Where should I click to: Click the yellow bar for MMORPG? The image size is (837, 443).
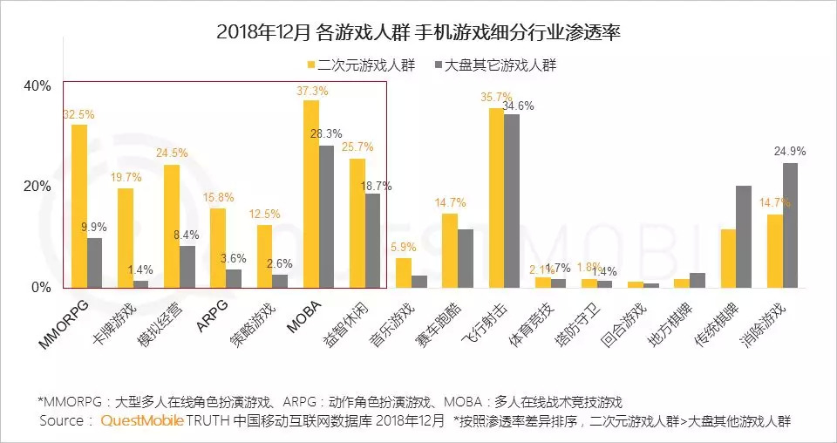[x=79, y=206]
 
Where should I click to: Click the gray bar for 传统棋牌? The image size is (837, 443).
[x=744, y=236]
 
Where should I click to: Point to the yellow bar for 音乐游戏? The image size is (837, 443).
[x=404, y=272]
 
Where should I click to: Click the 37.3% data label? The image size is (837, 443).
[x=312, y=91]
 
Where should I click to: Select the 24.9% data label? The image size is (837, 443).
[x=790, y=152]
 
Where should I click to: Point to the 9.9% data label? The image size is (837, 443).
[x=94, y=228]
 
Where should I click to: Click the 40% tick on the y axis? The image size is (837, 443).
[x=37, y=85]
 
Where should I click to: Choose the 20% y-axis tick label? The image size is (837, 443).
[x=37, y=187]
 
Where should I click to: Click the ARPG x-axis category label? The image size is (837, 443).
[x=215, y=310]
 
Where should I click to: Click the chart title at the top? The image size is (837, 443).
[x=418, y=32]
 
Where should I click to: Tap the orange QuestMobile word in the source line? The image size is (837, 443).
[x=142, y=421]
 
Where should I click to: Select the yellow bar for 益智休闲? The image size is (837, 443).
[x=357, y=222]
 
